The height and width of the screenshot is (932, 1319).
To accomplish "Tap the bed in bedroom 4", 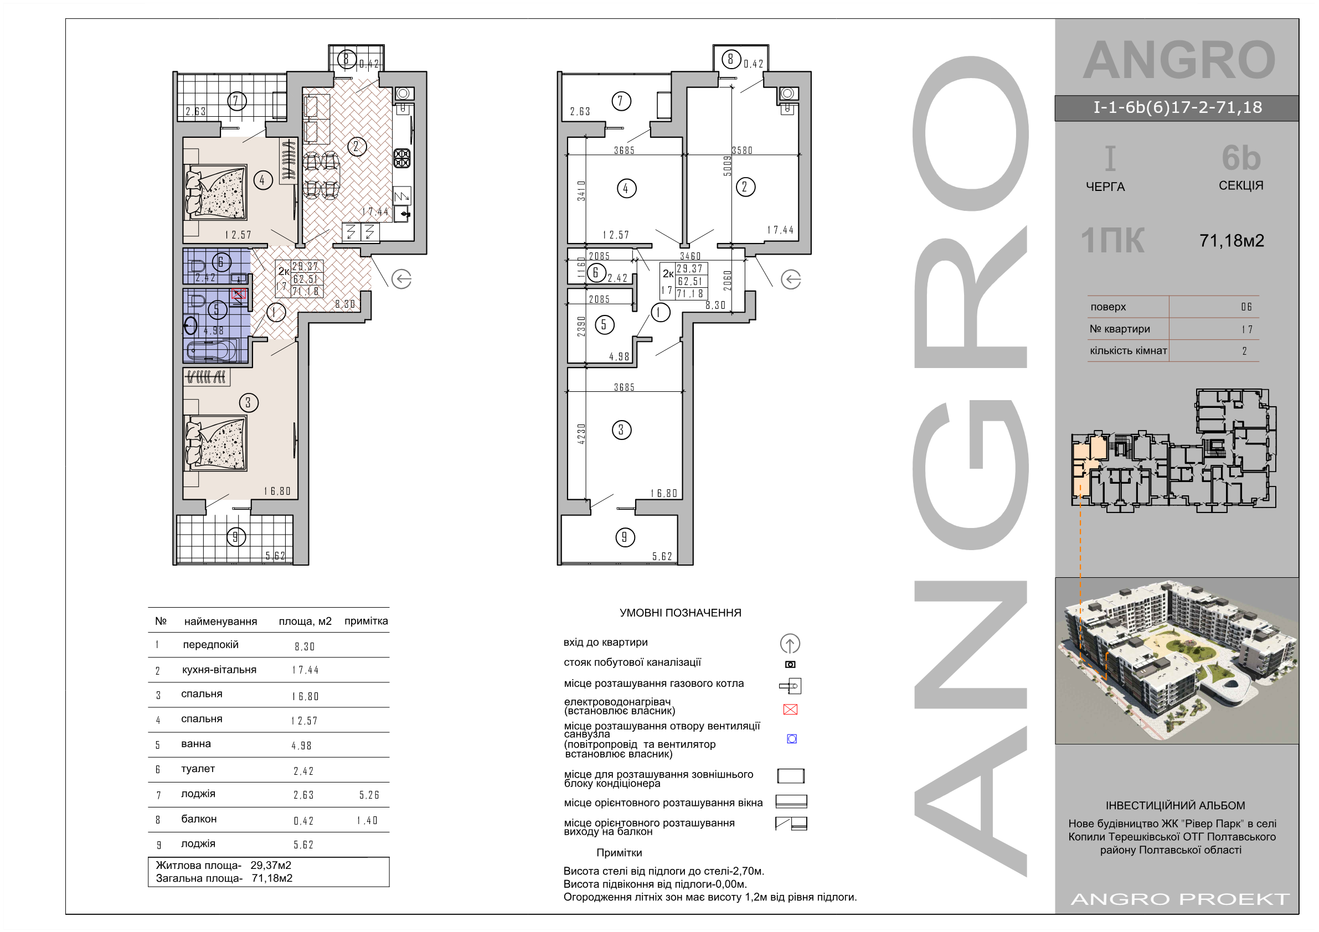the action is pyautogui.click(x=216, y=193).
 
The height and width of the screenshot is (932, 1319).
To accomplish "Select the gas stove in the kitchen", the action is pyautogui.click(x=401, y=158).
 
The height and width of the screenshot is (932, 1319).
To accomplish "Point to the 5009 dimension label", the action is pyautogui.click(x=727, y=167).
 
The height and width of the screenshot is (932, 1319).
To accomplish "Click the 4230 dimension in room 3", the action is pyautogui.click(x=581, y=433).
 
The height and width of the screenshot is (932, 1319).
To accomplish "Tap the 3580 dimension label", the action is pyautogui.click(x=741, y=151).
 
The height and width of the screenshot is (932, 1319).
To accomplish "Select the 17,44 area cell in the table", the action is pyautogui.click(x=305, y=670).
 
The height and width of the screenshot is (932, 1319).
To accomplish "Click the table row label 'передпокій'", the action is pyautogui.click(x=211, y=644).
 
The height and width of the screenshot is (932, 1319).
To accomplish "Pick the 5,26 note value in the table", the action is pyautogui.click(x=369, y=795).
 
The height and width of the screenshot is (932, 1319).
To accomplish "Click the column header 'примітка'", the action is pyautogui.click(x=366, y=621).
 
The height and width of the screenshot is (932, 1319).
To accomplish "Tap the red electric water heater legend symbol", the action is pyautogui.click(x=790, y=709).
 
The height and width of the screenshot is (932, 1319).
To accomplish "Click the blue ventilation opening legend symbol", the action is pyautogui.click(x=792, y=738).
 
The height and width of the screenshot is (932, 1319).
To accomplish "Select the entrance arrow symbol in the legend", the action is pyautogui.click(x=790, y=644).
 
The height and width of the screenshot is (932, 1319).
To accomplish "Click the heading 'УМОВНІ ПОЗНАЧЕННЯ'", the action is pyautogui.click(x=680, y=613).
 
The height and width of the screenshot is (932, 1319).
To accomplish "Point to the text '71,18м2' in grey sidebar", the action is pyautogui.click(x=1232, y=241).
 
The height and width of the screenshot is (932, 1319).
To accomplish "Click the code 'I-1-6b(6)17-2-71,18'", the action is pyautogui.click(x=1178, y=107).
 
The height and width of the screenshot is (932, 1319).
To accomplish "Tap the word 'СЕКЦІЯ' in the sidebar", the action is pyautogui.click(x=1241, y=185).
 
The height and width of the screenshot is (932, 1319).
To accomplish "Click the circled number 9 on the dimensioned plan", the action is pyautogui.click(x=625, y=537).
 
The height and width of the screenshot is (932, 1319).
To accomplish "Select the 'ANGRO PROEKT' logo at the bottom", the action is pyautogui.click(x=1181, y=899).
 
